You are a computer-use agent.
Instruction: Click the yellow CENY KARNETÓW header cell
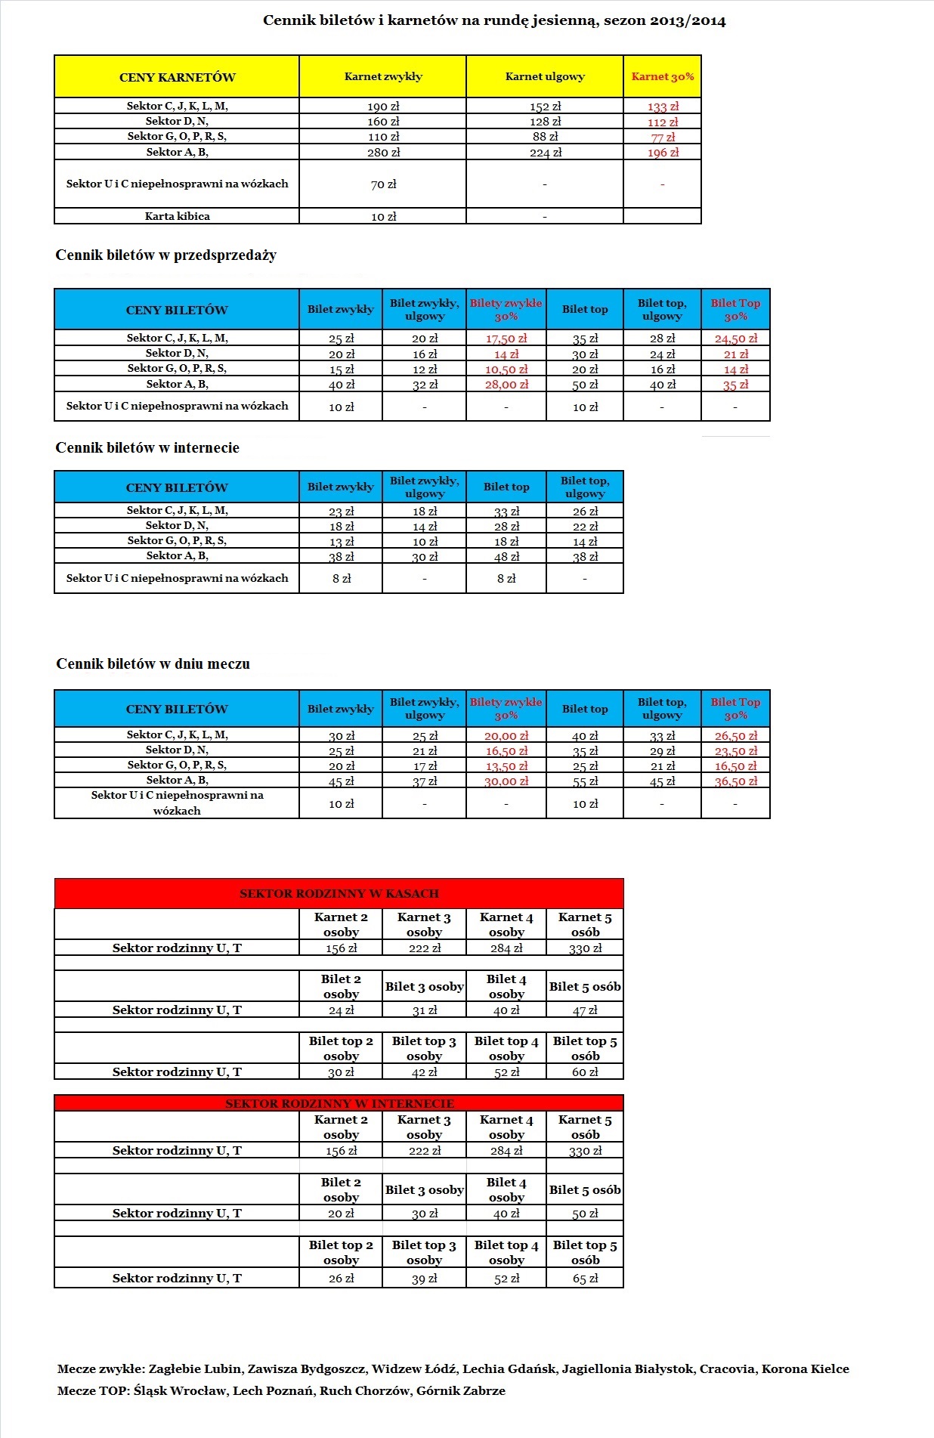(x=177, y=77)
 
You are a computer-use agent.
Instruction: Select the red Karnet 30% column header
(x=662, y=76)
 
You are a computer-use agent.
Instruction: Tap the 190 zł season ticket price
(x=383, y=107)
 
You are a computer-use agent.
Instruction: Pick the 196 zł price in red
(x=663, y=153)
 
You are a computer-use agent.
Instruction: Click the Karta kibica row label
(x=177, y=216)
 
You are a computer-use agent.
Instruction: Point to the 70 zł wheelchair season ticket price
(x=383, y=184)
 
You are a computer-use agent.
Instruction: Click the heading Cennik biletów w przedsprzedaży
(x=165, y=255)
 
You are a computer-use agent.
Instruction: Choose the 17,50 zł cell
(x=506, y=339)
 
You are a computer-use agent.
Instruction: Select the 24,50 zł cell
(x=735, y=339)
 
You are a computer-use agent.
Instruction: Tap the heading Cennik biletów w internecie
(x=147, y=448)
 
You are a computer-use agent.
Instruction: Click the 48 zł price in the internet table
(x=506, y=557)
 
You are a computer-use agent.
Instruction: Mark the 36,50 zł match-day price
(x=735, y=781)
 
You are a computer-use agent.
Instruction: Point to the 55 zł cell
(x=585, y=781)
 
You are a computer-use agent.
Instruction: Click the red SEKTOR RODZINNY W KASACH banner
(x=339, y=893)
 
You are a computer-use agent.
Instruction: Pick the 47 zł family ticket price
(x=585, y=1010)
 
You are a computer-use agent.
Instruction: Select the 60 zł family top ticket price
(x=585, y=1072)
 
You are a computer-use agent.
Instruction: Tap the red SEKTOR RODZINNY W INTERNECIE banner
(x=339, y=1103)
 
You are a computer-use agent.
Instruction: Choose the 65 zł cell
(x=585, y=1279)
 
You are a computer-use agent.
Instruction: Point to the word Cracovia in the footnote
(x=726, y=1368)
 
